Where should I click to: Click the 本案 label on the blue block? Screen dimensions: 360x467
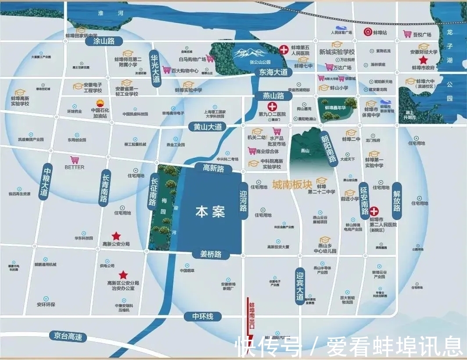point(210,213)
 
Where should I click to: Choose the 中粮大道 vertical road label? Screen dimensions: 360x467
point(47,182)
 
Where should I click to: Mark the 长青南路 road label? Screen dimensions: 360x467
point(105,186)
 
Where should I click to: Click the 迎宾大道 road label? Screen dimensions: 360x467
point(300,286)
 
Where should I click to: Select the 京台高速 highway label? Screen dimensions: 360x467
point(68,336)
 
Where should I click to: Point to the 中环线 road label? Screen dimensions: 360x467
point(202,316)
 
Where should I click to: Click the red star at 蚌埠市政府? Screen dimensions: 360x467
point(424,60)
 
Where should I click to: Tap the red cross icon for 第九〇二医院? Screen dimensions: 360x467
point(272,106)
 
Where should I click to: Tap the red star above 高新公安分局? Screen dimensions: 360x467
point(116,236)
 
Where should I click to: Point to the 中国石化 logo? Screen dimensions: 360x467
point(99,103)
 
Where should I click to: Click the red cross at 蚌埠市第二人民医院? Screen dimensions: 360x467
point(374,211)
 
